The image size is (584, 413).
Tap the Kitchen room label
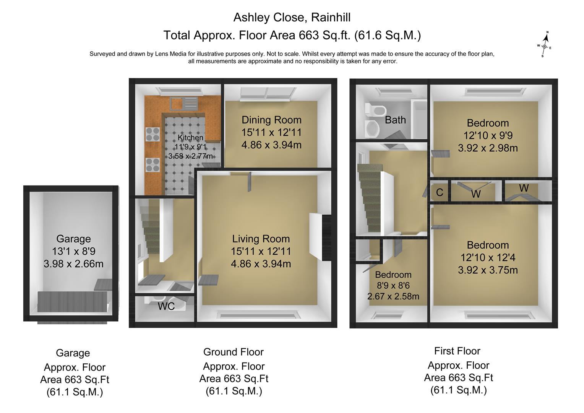pos(190,138)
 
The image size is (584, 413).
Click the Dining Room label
pos(271,120)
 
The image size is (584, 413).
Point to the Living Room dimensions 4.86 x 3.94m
pos(261,264)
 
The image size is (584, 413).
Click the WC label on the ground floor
pos(166,306)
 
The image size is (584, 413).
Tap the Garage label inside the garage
pos(73,239)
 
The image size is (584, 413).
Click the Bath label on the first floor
pos(395,120)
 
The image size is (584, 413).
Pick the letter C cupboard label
pos(440,192)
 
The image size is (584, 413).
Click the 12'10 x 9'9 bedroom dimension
pos(488,136)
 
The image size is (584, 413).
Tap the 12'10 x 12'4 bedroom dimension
pos(488,258)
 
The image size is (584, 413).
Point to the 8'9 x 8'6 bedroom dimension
pos(393,285)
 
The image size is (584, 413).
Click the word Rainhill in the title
pos(331,18)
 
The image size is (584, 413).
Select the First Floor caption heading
pos(457,351)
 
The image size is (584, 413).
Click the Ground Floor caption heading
pos(234,352)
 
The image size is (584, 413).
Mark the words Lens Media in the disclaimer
pos(171,54)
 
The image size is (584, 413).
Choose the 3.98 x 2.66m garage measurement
pos(73,264)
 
